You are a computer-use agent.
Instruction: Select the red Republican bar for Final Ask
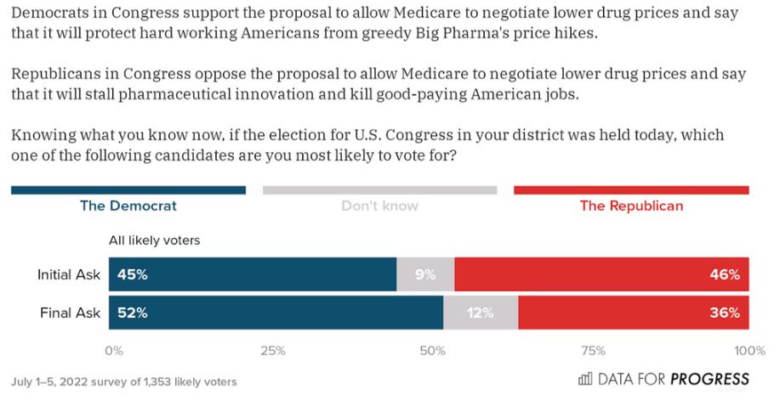point(633,313)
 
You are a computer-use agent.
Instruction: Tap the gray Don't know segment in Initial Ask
point(425,274)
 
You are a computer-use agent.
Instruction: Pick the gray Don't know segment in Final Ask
point(481,313)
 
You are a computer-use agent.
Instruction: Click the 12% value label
point(481,313)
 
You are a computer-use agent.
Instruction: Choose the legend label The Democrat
point(128,206)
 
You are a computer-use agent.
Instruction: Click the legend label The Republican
point(631,206)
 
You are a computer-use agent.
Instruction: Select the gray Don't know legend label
point(379,206)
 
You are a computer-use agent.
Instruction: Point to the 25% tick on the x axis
point(271,350)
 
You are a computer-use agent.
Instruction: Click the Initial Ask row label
point(68,274)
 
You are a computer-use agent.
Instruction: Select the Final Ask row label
point(71,313)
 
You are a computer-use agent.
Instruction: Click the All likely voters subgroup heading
point(154,240)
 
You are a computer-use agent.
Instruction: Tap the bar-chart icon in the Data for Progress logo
point(585,379)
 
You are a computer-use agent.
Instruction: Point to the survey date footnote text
point(124,381)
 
